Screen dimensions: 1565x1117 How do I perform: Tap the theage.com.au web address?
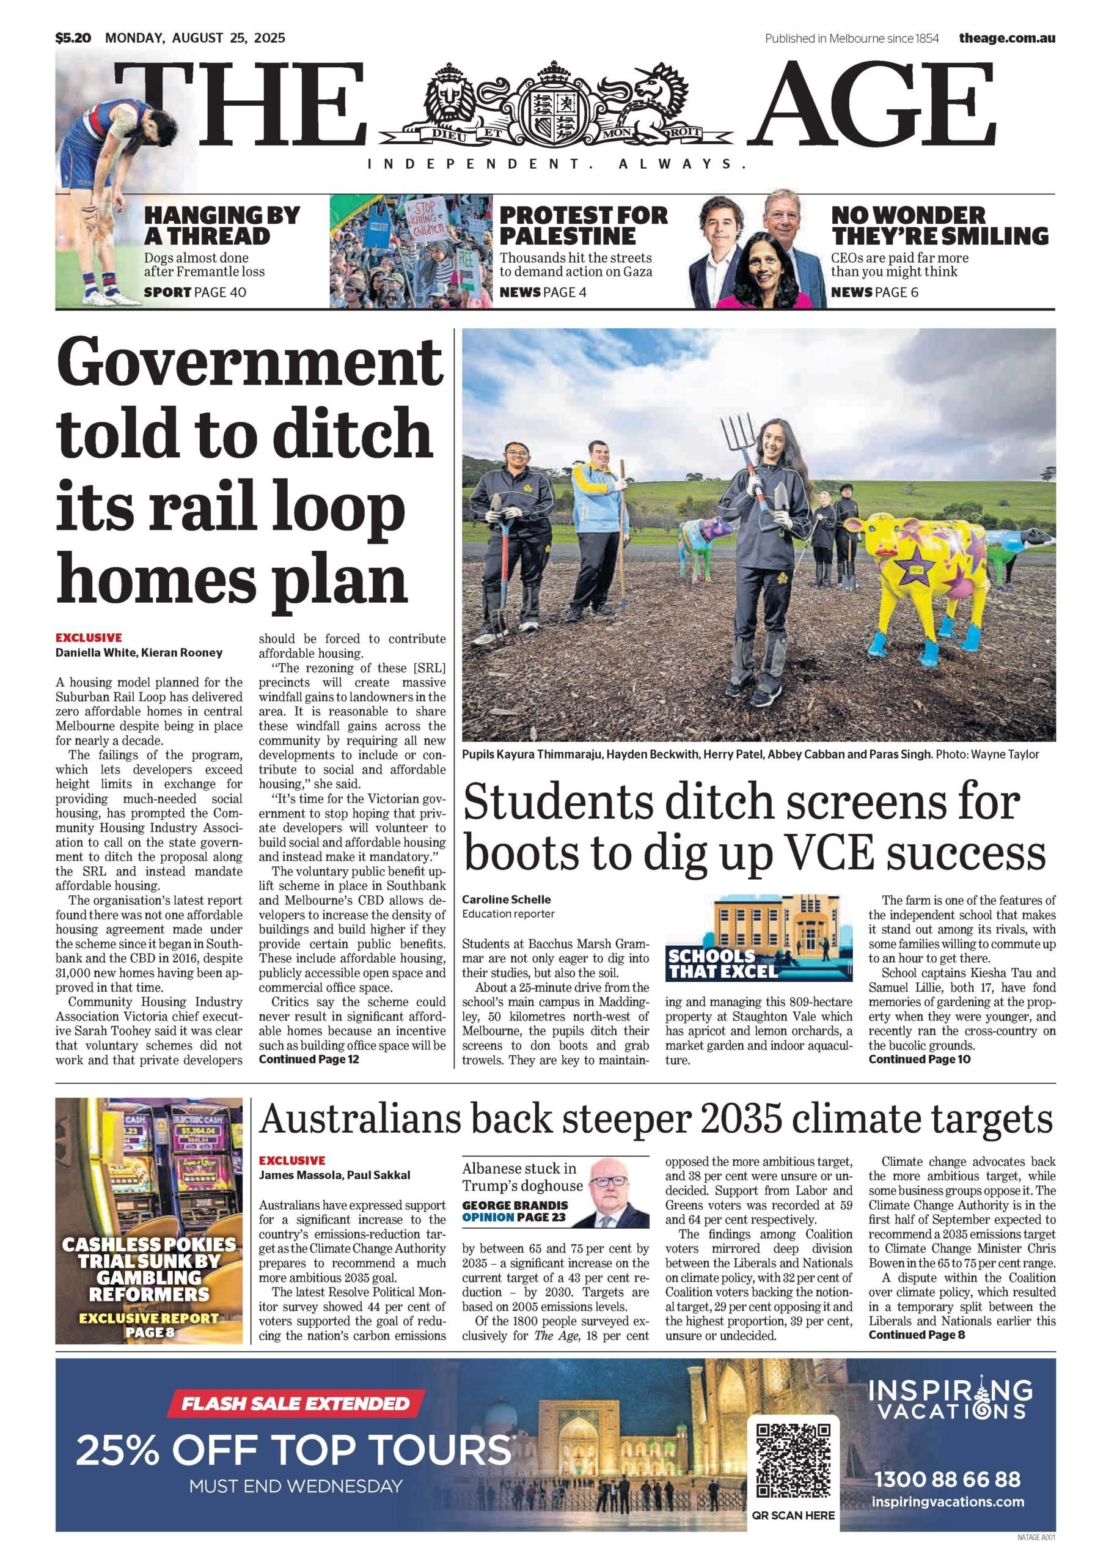pyautogui.click(x=1007, y=39)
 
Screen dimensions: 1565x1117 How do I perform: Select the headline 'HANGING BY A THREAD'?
pyautogui.click(x=221, y=226)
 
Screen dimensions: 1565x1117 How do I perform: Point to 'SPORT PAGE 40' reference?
pyautogui.click(x=195, y=292)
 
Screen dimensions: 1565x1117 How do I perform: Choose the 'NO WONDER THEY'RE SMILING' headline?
pyautogui.click(x=939, y=226)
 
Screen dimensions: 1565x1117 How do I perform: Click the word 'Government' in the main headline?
pyautogui.click(x=249, y=362)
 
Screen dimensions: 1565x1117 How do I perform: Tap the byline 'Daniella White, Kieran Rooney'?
pyautogui.click(x=139, y=652)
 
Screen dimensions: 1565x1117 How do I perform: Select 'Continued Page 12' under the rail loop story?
pyautogui.click(x=309, y=1059)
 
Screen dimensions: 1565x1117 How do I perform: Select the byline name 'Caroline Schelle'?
pyautogui.click(x=506, y=899)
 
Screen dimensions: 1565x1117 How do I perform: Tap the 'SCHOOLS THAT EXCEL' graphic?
pyautogui.click(x=759, y=938)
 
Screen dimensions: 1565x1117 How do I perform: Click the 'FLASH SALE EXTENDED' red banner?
pyautogui.click(x=296, y=1404)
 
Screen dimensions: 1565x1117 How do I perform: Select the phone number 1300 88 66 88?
pyautogui.click(x=947, y=1479)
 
